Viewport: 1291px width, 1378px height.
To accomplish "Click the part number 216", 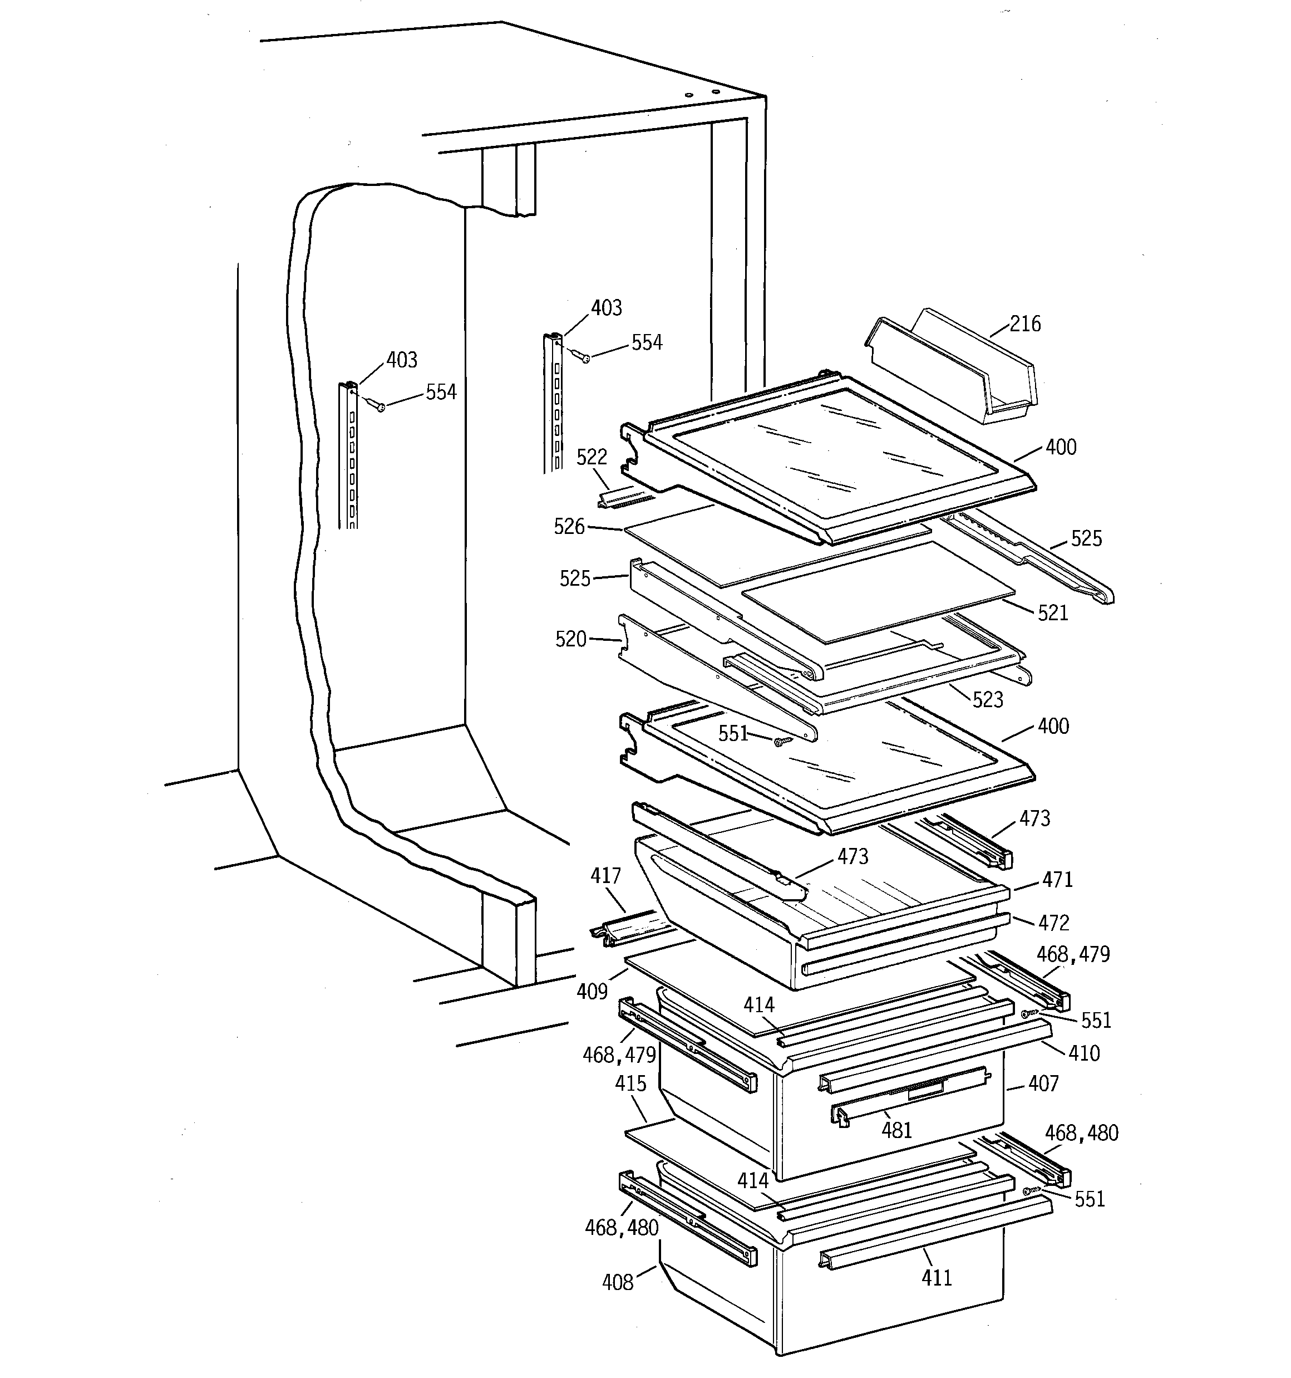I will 1025,323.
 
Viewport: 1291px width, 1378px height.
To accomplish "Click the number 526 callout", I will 569,527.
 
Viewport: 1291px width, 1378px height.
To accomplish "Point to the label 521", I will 1053,613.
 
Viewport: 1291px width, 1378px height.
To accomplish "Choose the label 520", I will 571,639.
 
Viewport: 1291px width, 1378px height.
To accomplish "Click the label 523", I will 988,699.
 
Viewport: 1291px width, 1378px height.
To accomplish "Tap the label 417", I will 605,876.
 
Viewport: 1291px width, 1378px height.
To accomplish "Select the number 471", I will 1057,880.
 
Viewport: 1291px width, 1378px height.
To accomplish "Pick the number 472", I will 1054,923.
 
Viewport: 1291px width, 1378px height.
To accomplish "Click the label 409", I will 592,992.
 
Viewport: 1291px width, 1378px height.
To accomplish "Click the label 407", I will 1043,1083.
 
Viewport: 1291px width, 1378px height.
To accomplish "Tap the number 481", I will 896,1131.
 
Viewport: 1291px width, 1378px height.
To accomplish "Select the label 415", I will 630,1083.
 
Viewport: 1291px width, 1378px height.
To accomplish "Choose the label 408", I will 618,1282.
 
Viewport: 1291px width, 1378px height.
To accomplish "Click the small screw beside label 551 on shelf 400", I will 780,742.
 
